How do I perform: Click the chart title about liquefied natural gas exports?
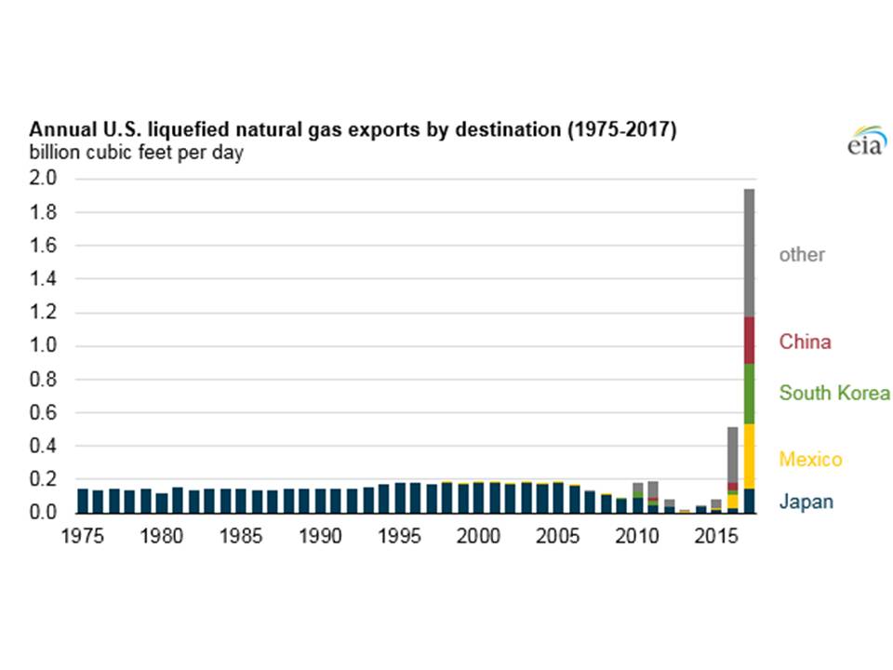[353, 129]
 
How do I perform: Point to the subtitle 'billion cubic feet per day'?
[136, 152]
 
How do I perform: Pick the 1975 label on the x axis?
[84, 537]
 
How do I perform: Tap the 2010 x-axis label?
[637, 537]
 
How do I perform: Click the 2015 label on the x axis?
[716, 537]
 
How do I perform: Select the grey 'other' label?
[802, 254]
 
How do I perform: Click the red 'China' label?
[805, 342]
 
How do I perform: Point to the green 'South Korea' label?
[834, 393]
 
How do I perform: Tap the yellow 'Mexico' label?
[810, 460]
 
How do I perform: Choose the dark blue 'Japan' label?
[806, 502]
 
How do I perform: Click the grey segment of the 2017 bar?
[748, 252]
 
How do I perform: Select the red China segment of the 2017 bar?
[748, 341]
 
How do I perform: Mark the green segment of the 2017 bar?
[748, 394]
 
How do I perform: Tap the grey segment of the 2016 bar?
[733, 454]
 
